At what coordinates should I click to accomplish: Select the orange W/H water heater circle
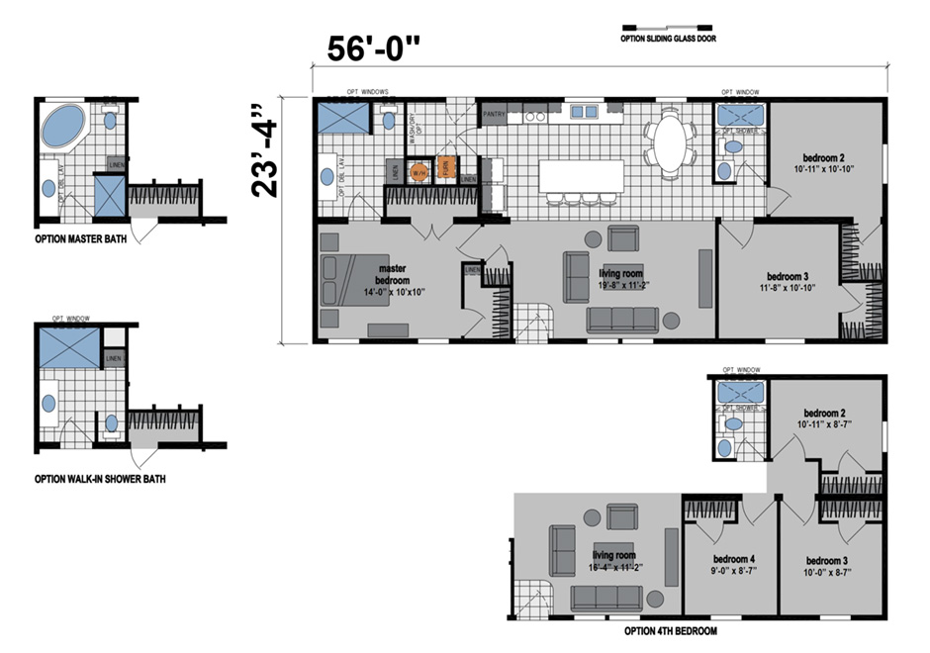[418, 170]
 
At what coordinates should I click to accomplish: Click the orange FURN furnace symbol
[446, 170]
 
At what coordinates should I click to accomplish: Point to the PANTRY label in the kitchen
[495, 115]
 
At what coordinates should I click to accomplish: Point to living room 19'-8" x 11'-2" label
[622, 278]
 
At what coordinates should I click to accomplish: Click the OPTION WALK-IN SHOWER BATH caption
[100, 479]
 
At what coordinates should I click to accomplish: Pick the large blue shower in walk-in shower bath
[68, 347]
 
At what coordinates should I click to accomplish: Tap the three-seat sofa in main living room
[622, 320]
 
